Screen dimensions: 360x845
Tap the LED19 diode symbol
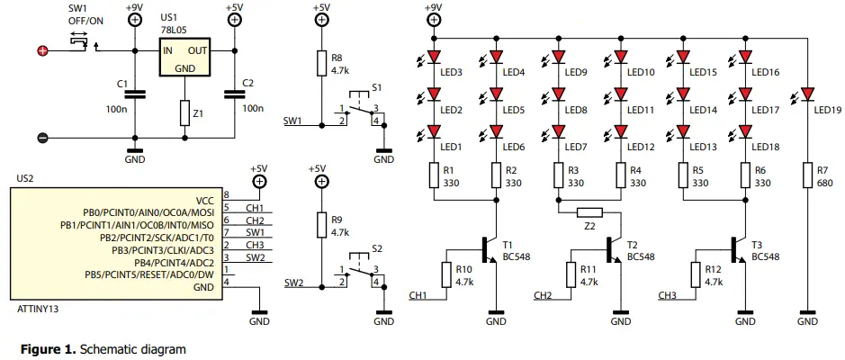(807, 94)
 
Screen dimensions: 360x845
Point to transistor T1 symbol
(489, 250)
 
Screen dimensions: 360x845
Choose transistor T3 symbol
(739, 250)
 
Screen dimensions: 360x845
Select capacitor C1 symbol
(134, 92)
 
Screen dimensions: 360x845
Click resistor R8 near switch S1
(320, 63)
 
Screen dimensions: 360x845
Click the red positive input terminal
(41, 51)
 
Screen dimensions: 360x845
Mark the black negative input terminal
(41, 138)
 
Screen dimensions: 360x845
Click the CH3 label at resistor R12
(667, 294)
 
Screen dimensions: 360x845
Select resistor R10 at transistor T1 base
(446, 274)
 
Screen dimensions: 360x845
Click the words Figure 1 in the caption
(45, 346)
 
